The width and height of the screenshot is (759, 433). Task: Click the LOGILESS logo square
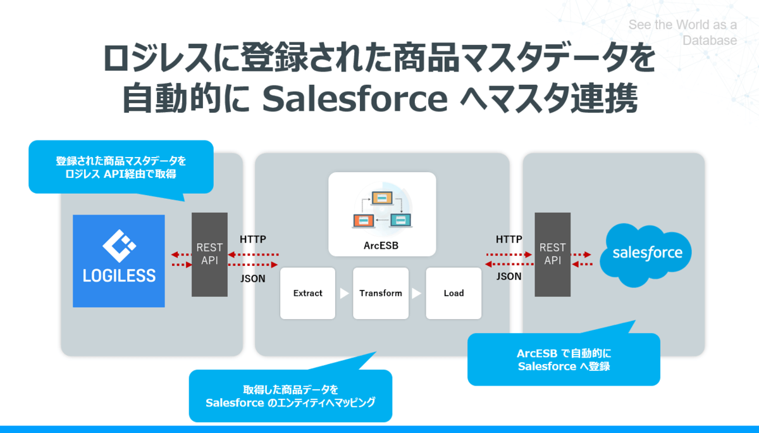click(119, 261)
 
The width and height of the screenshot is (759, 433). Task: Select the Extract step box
click(307, 293)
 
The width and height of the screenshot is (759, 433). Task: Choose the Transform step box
click(381, 293)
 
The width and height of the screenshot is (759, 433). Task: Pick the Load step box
click(454, 293)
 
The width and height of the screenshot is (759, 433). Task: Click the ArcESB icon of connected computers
click(382, 208)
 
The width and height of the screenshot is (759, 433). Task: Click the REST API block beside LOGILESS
click(209, 254)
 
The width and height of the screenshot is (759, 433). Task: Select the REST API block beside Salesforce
click(552, 254)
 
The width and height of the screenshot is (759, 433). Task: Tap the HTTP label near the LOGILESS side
click(253, 239)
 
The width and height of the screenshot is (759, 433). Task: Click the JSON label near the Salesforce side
click(509, 276)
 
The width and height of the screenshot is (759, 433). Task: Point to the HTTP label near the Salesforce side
click(509, 239)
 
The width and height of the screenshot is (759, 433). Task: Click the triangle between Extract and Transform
click(344, 294)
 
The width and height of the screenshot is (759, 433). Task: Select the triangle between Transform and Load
click(417, 294)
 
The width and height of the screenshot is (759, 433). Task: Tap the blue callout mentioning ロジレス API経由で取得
click(121, 167)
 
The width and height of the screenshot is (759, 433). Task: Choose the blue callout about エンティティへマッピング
click(290, 396)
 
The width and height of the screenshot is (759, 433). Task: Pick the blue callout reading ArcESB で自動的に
click(564, 360)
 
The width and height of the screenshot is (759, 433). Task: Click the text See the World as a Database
click(683, 33)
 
